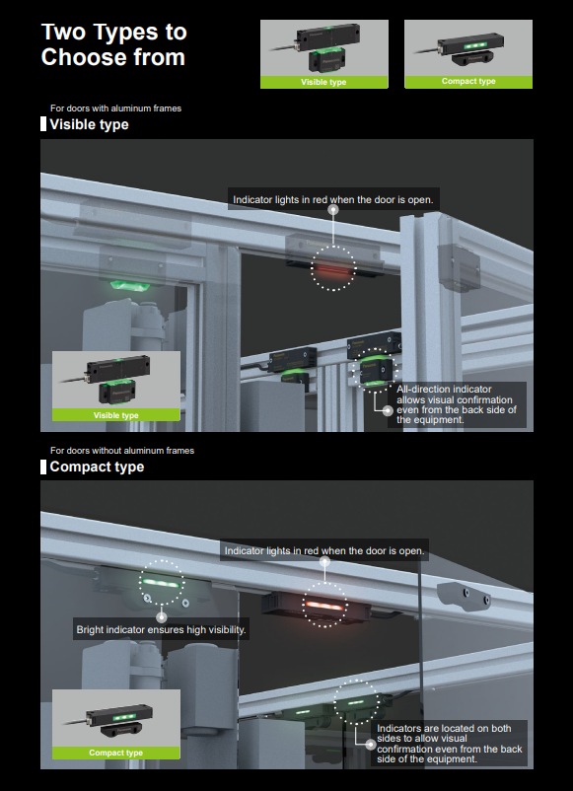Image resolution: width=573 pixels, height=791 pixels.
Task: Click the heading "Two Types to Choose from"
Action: click(114, 44)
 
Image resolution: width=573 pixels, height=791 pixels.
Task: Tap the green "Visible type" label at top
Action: click(323, 82)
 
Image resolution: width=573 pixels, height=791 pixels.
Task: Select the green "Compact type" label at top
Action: click(468, 82)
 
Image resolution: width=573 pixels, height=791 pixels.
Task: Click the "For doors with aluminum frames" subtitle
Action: click(115, 108)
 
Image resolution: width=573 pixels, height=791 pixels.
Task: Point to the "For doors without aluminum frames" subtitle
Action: click(122, 451)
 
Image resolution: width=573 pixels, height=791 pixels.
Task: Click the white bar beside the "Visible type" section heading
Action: click(43, 124)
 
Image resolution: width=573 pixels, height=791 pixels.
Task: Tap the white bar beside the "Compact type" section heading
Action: click(43, 467)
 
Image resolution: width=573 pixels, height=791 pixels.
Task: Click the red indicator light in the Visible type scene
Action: click(332, 270)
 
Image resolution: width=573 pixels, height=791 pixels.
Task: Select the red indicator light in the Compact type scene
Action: click(324, 605)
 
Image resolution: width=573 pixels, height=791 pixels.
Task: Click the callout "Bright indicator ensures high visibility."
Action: click(161, 629)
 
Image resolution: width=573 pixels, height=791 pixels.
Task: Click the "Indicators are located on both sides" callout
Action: click(450, 744)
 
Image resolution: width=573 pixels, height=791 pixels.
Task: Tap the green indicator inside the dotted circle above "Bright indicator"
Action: click(162, 583)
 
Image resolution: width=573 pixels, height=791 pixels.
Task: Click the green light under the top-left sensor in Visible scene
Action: click(130, 285)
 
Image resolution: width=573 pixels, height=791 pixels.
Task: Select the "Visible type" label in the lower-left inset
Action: click(116, 415)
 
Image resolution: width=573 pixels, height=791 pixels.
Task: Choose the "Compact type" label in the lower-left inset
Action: click(116, 753)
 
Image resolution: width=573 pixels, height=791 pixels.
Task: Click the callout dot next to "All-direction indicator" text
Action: click(388, 410)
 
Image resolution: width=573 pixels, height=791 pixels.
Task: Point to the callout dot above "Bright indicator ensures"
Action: click(162, 616)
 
